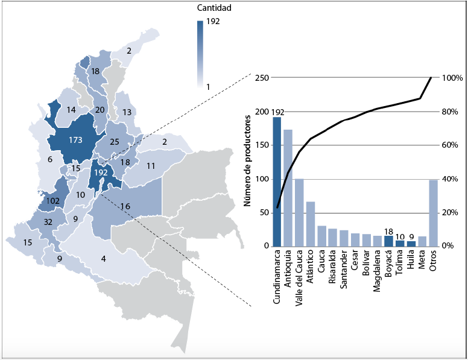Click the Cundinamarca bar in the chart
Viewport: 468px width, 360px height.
[x=277, y=181]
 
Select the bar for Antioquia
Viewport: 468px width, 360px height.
[x=288, y=188]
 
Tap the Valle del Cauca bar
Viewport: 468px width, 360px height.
[x=299, y=212]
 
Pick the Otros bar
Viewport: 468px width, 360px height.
[x=433, y=213]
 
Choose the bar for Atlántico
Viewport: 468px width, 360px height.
[x=311, y=224]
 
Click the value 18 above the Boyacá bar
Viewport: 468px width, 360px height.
[x=389, y=231]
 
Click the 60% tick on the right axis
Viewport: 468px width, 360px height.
[x=452, y=145]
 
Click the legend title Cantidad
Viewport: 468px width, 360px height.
[x=214, y=8]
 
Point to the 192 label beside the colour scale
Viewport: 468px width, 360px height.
[x=212, y=22]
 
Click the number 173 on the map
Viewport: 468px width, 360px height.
[x=75, y=141]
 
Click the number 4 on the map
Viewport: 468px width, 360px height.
[x=104, y=259]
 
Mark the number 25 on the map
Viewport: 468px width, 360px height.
[x=114, y=142]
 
